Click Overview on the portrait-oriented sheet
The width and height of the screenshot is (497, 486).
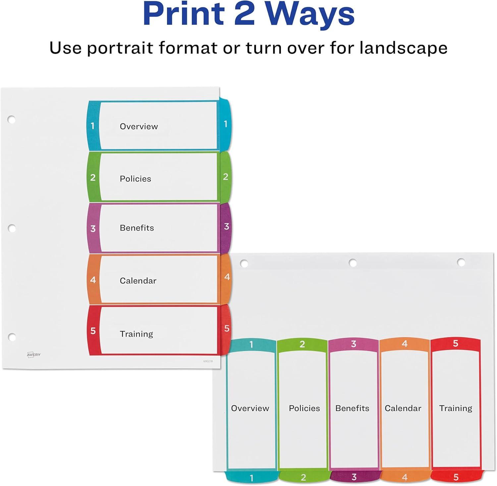139,126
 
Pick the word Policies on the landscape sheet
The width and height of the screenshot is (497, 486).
304,408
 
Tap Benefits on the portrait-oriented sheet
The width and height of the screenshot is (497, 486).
137,228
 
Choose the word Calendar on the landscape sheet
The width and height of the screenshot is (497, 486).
403,408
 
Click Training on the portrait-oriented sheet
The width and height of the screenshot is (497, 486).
137,334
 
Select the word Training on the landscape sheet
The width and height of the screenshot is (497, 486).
456,408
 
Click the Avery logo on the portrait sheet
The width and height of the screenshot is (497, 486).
33,355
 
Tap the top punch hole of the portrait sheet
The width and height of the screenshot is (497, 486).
12,119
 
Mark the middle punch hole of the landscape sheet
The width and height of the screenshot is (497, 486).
353,263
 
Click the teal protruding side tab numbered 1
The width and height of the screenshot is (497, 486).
225,124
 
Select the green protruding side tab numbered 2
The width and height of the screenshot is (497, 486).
225,177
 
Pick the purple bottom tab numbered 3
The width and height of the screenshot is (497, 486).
354,476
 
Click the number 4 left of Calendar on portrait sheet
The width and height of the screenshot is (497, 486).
93,280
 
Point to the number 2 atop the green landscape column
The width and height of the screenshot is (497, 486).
302,344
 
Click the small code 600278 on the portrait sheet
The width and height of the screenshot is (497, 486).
208,361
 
